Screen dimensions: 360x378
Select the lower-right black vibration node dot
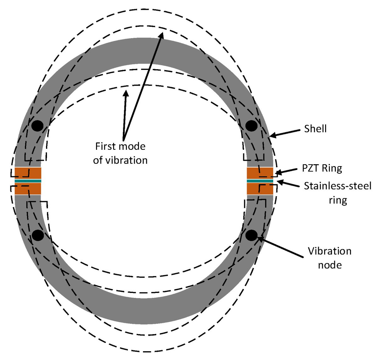pos(251,235)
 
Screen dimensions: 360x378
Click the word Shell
pos(315,129)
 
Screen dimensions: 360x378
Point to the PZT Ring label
pos(322,168)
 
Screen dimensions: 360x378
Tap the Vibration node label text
pos(329,258)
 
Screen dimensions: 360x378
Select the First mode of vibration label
pos(120,153)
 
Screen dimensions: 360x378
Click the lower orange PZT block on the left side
pos(28,189)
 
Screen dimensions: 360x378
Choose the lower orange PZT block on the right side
pos(260,189)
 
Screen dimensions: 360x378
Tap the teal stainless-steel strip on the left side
pos(28,181)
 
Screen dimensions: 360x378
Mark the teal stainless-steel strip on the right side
pos(260,181)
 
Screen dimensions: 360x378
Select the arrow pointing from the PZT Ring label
pos(287,171)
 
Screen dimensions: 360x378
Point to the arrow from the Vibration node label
pos(280,247)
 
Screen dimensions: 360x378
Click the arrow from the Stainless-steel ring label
pos(288,184)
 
